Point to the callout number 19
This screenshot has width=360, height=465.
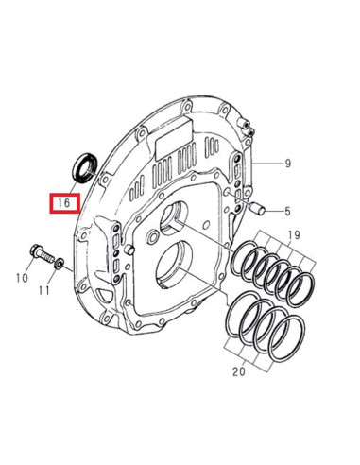coord(294,234)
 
